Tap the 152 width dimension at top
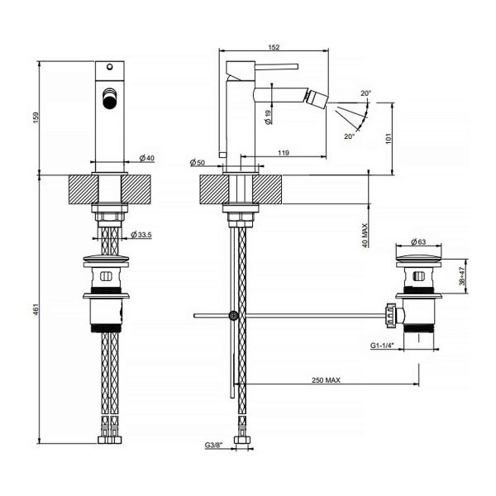274,47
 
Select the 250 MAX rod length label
327,379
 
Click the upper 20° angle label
365,93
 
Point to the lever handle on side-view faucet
274,62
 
